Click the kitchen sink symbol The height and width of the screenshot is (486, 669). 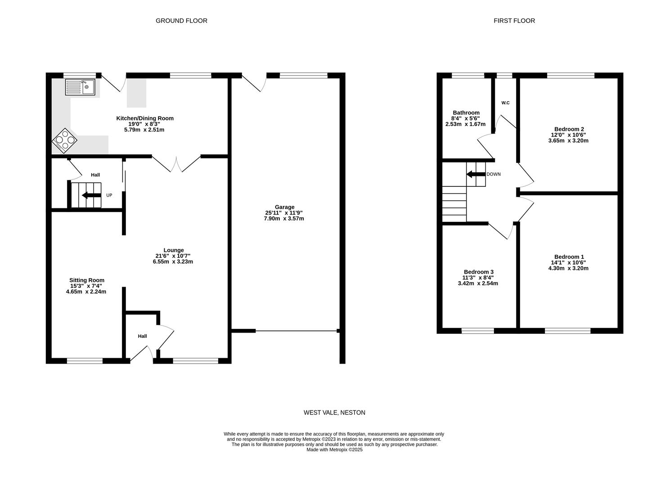tap(80, 87)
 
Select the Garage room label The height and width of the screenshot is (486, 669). tap(284, 207)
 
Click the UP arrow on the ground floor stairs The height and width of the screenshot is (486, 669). tap(91, 195)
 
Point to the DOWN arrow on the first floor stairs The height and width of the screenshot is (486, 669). tap(476, 174)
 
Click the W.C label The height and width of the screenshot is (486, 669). tap(505, 103)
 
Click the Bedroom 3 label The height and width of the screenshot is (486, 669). tap(478, 272)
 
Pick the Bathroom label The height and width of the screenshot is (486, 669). tap(466, 112)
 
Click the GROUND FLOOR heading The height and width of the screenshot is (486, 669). tap(181, 21)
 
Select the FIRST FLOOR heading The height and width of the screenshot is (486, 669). tap(514, 21)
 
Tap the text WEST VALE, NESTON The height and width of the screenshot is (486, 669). tap(334, 413)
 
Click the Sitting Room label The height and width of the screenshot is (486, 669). tap(86, 280)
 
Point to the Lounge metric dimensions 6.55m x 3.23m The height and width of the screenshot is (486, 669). tap(173, 261)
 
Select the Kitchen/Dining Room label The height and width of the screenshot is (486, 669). tap(145, 118)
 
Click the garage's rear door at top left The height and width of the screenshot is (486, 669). tap(253, 82)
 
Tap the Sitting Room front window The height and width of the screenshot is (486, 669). tap(85, 360)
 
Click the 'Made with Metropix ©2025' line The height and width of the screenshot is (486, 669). tap(334, 450)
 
